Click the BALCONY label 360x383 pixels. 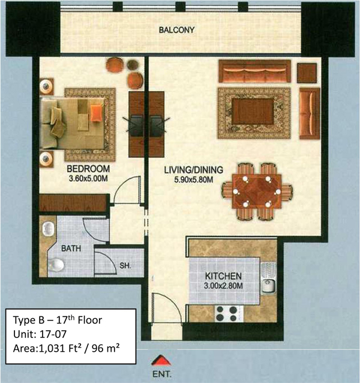coord(177,30)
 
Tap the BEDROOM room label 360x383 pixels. coord(88,169)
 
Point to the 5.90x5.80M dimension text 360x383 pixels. coord(194,179)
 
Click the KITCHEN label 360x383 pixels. coord(223,276)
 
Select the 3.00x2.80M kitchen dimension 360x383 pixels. coord(223,286)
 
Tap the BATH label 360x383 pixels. coord(71,249)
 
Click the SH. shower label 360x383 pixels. coord(125,265)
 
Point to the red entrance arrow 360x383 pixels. coord(161,360)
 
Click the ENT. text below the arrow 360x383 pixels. coord(162,374)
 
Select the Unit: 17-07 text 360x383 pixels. coord(40,334)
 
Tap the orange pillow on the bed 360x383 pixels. coord(96,113)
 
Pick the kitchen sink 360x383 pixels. coord(268,279)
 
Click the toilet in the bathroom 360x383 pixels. coord(56,265)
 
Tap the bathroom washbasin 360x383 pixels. coord(49,229)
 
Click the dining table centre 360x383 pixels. coord(257,191)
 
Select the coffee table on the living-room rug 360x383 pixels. coord(253,112)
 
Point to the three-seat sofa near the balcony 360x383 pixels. coord(255,71)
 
